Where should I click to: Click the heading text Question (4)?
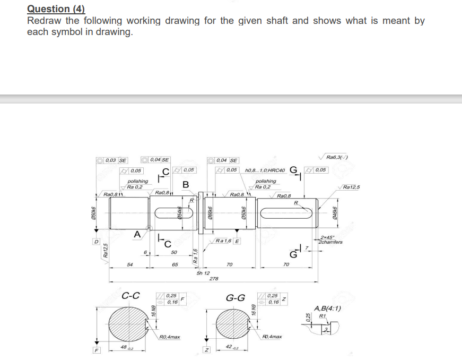tap(56, 8)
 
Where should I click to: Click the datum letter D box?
tap(96, 242)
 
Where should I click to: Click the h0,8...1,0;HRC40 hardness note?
tap(265, 170)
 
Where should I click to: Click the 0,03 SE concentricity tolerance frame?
tap(112, 160)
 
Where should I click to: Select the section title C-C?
tap(130, 296)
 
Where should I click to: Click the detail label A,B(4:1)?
tap(327, 308)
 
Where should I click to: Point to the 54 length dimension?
tap(129, 264)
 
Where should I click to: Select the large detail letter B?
tap(185, 184)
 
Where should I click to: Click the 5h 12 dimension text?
tap(203, 272)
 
